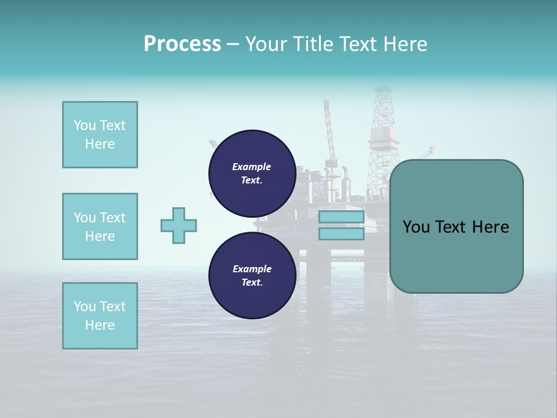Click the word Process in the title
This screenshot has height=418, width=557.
[182, 44]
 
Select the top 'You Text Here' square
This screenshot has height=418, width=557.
[100, 135]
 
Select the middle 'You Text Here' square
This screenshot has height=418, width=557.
[100, 226]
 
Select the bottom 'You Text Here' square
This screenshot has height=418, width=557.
[100, 316]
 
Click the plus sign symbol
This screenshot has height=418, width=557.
[179, 225]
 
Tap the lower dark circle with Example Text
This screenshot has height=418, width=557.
[252, 275]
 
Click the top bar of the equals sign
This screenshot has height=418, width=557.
[341, 217]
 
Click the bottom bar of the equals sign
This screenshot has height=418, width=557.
[341, 234]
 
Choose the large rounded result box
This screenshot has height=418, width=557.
[456, 226]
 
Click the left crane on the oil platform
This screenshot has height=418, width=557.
[329, 134]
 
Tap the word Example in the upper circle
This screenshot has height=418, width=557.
[252, 167]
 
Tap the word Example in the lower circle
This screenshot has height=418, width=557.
[252, 269]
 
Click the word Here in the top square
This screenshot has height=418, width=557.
[100, 144]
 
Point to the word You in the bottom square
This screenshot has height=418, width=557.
[84, 307]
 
